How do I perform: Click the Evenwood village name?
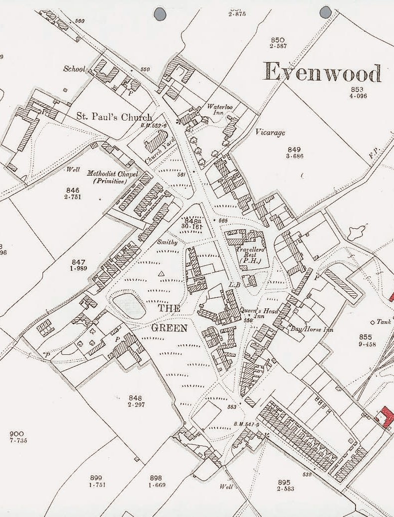coord(322,73)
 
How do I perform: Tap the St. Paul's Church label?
coord(114,117)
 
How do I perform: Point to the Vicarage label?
coord(270,133)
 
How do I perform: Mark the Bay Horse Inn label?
coord(312,329)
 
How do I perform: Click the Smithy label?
coord(167,242)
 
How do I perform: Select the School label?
coord(74,69)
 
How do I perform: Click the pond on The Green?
coord(129,305)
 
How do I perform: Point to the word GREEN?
coord(169,328)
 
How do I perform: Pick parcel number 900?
coord(17,433)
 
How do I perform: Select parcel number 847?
coord(78,262)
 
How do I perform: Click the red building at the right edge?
coord(386,417)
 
